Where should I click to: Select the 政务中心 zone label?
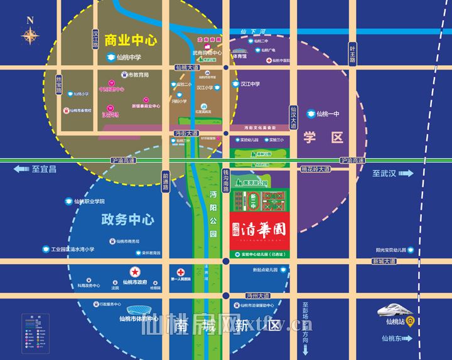tap(127, 220)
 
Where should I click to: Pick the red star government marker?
tap(134, 272)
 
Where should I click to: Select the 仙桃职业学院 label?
tap(89, 201)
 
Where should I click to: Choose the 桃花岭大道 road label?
tap(315, 169)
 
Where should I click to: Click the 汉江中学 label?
tap(249, 83)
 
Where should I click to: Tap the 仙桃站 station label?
tap(396, 322)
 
